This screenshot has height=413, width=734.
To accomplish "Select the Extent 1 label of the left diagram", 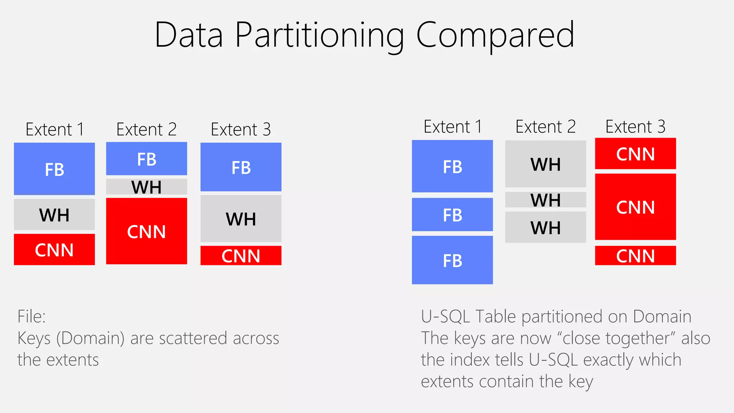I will (55, 129).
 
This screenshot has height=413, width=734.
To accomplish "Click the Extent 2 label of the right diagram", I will (545, 127).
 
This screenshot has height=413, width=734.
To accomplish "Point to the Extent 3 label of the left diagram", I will (241, 129).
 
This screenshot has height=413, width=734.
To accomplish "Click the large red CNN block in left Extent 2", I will (147, 231).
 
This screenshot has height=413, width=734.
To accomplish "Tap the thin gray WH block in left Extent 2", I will (147, 187).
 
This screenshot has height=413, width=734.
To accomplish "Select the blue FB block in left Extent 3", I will (241, 167).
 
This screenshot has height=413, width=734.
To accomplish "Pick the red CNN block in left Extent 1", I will (54, 250).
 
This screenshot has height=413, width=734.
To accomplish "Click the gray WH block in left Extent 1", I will (54, 215).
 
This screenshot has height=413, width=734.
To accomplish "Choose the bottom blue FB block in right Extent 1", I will (452, 260).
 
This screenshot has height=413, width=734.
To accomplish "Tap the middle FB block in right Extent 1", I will (452, 215).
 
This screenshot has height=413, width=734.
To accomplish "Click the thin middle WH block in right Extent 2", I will (545, 200).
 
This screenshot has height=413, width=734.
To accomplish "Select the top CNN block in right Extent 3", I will (635, 154).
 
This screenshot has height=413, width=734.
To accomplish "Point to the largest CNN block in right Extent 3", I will (635, 207).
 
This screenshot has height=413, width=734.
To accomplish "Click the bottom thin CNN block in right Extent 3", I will (635, 256).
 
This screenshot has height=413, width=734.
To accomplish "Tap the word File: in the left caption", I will (32, 317).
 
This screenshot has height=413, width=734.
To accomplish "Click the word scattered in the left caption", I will (193, 338).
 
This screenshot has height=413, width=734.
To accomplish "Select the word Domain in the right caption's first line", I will (662, 317).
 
